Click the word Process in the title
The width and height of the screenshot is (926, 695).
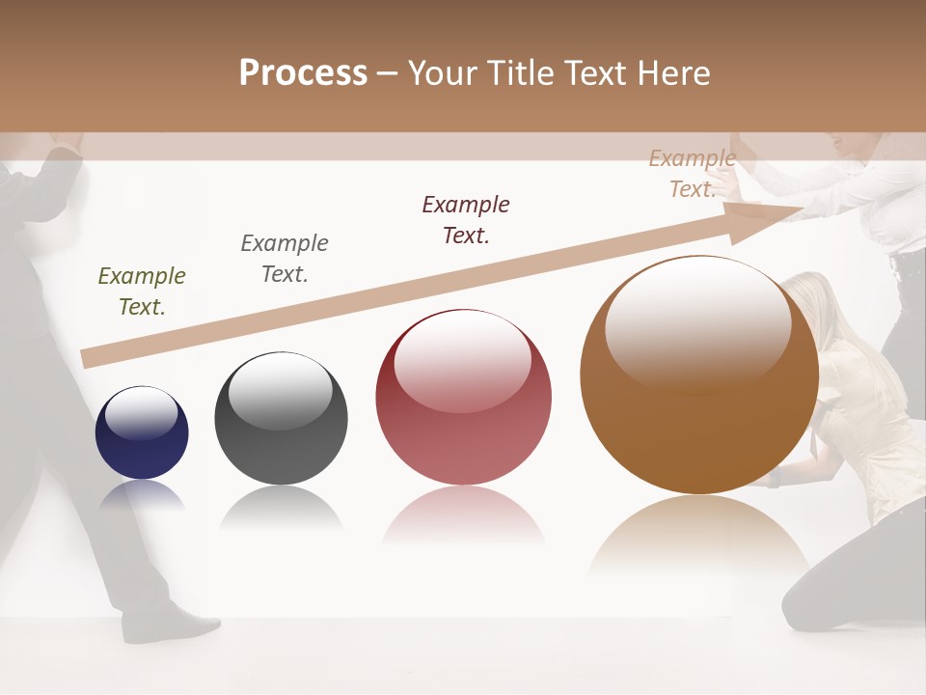[303, 73]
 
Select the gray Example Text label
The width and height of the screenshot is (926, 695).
[285, 259]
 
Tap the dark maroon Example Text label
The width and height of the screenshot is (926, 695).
[466, 220]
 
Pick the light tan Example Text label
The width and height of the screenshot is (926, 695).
[692, 174]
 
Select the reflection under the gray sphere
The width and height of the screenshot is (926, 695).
[281, 506]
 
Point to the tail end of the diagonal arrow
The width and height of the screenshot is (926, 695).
[89, 358]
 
